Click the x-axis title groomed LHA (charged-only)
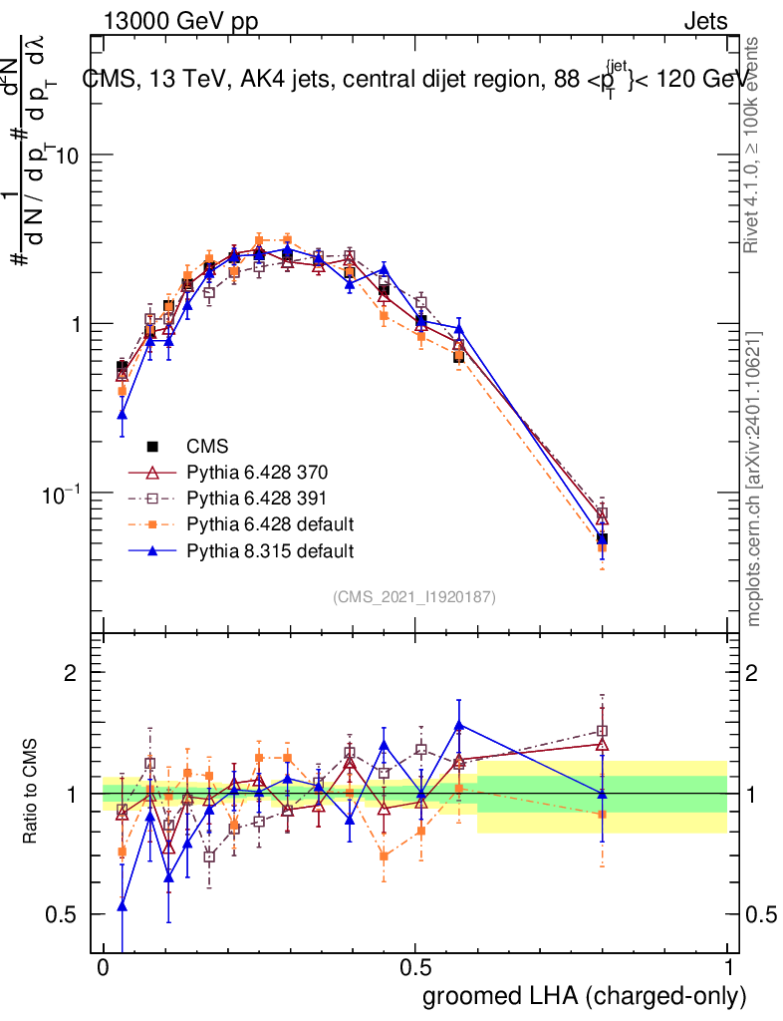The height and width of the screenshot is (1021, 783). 585,996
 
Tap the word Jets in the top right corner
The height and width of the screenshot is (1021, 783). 705,21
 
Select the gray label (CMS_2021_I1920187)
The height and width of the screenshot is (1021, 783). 414,597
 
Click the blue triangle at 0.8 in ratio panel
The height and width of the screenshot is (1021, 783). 602,794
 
